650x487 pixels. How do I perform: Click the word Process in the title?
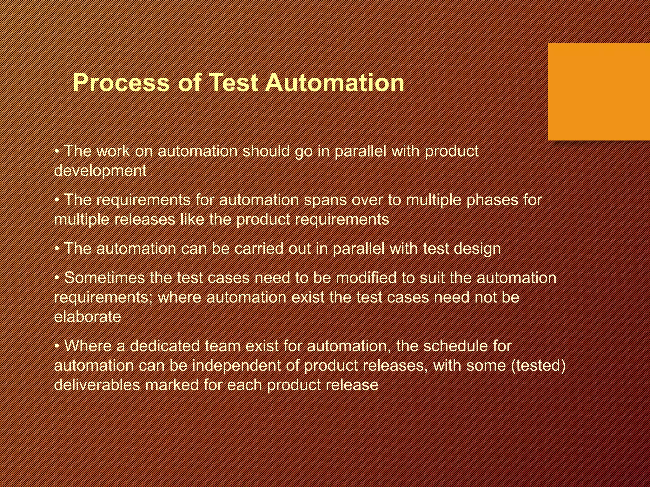tap(121, 83)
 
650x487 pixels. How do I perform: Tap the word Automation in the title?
tap(335, 83)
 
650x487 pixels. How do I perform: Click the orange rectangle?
tap(599, 92)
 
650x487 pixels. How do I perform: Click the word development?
tap(100, 171)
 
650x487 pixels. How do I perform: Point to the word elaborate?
tap(88, 317)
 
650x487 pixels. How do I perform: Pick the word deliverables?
tap(97, 385)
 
